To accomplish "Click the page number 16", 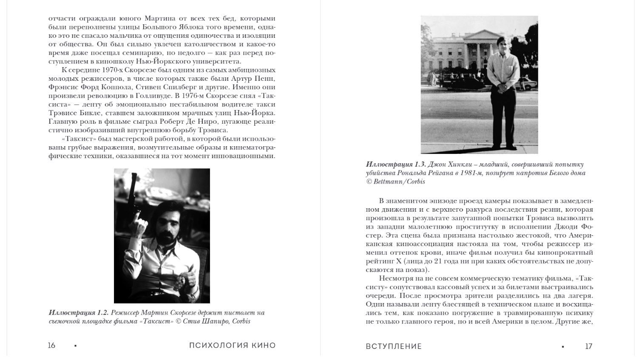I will coord(51,346).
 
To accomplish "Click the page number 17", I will coord(588,346).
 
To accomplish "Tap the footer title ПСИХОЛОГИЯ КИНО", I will coord(232,346).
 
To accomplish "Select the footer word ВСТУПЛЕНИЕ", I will coord(394,346).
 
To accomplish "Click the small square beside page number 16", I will coord(76,346).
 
